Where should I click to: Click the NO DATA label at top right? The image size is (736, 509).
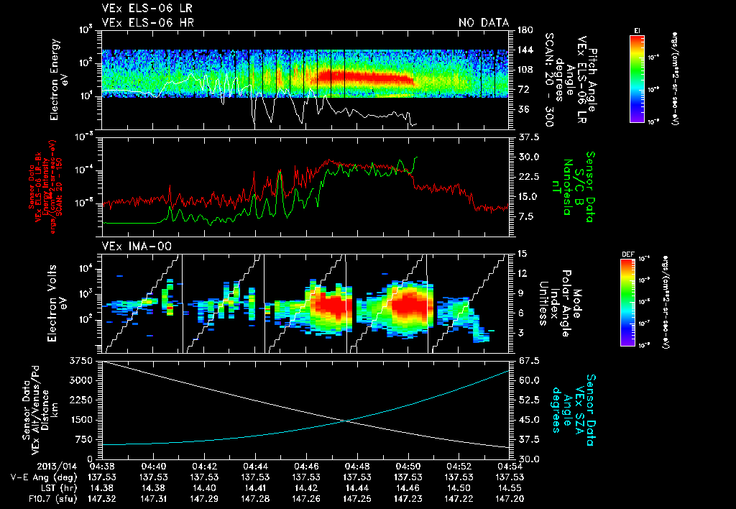click(x=484, y=23)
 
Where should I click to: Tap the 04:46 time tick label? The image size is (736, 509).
click(x=307, y=465)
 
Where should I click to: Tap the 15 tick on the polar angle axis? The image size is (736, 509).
click(x=521, y=253)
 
